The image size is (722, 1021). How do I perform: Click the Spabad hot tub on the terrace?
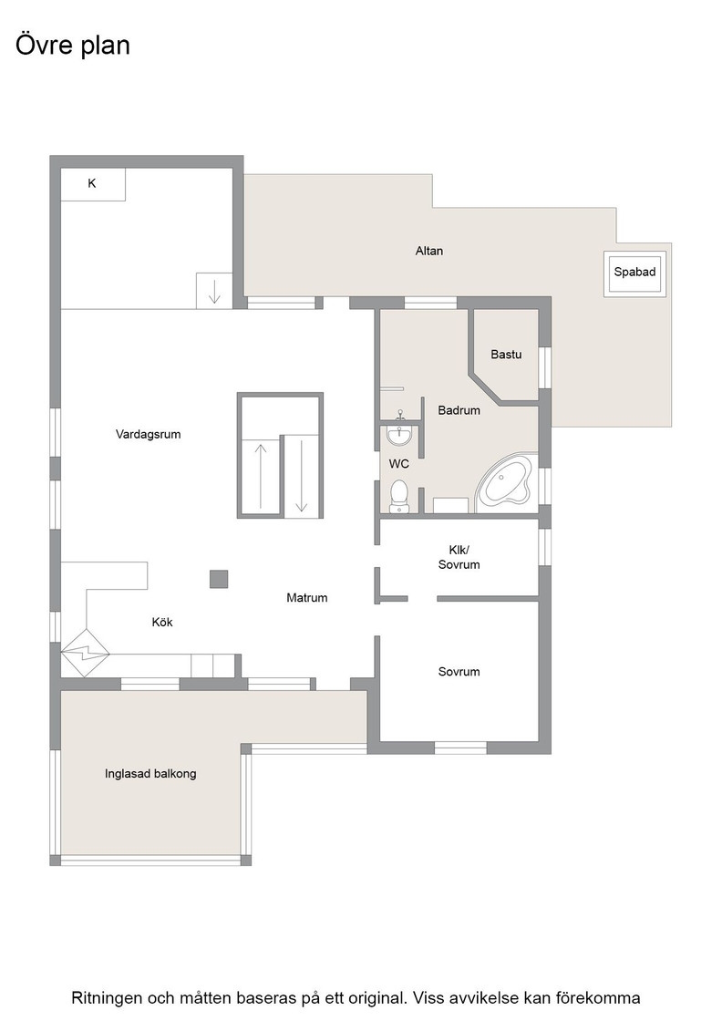click(x=634, y=273)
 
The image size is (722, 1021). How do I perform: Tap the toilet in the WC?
click(x=398, y=495)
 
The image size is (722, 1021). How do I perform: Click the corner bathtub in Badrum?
click(x=506, y=483)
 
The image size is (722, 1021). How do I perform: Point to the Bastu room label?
click(x=506, y=355)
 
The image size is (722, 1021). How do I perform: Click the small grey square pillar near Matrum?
click(x=219, y=579)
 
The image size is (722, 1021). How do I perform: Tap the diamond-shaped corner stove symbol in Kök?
click(x=85, y=653)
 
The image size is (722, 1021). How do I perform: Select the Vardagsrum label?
click(x=148, y=434)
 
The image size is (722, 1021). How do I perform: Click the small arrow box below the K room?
click(x=214, y=291)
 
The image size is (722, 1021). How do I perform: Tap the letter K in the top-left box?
click(x=92, y=183)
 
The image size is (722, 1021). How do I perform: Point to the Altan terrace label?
click(x=429, y=251)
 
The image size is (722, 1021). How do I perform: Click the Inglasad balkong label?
click(x=150, y=774)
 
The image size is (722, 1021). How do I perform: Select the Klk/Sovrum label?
click(x=459, y=557)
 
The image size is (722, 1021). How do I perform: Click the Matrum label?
click(x=306, y=598)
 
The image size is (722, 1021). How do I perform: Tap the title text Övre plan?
click(x=73, y=46)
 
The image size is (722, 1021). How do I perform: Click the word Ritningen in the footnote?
click(x=107, y=998)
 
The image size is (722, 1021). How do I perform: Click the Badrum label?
click(x=459, y=410)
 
